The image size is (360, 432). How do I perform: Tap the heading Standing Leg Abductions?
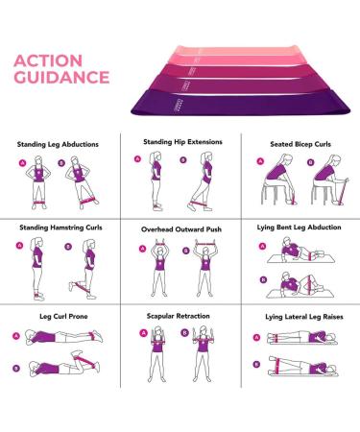pos(58,145)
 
